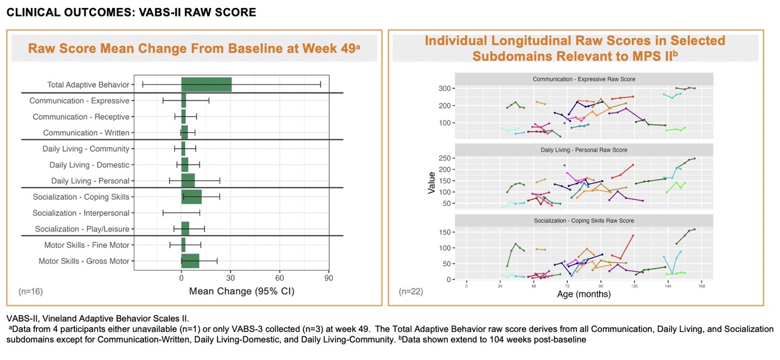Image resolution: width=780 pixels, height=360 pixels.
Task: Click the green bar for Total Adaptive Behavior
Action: point(207,85)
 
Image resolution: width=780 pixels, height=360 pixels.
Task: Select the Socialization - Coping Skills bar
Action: point(191,197)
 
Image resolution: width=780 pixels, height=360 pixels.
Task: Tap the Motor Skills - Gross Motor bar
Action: point(191,261)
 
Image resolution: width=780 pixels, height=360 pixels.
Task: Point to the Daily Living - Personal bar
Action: point(188,181)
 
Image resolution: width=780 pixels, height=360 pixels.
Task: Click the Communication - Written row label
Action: point(86,133)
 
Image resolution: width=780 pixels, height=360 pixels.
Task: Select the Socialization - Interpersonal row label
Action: point(81,213)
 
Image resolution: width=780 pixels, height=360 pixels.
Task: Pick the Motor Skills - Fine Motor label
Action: point(87,245)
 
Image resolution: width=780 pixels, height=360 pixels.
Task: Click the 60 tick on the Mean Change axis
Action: point(279,278)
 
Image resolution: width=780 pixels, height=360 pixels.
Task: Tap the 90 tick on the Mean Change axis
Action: point(328,278)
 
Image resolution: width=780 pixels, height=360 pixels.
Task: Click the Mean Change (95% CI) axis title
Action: point(242,291)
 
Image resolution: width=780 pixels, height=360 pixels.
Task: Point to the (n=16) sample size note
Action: point(30,291)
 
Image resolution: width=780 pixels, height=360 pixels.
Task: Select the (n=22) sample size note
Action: point(411,291)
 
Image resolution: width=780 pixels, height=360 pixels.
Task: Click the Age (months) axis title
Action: point(584,294)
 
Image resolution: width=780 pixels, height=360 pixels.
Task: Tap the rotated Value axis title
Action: point(431,183)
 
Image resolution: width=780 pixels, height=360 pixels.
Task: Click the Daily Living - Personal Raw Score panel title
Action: point(584,150)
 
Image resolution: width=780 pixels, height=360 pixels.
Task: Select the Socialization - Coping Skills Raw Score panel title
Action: point(584,221)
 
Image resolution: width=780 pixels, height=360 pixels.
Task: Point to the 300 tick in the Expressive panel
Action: point(445,88)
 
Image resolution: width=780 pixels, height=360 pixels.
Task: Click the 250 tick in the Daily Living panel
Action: point(445,158)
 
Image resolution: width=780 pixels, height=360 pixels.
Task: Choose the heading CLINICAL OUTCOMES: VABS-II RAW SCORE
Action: point(131,12)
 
